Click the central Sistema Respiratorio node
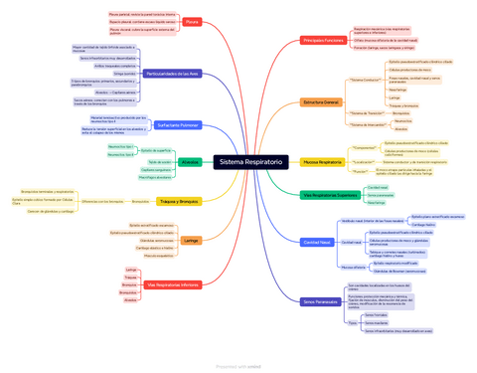pyautogui.click(x=250, y=161)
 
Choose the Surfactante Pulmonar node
pyautogui.click(x=178, y=125)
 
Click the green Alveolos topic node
pyautogui.click(x=191, y=161)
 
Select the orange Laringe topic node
pyautogui.click(x=191, y=240)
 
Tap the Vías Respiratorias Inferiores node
pyautogui.click(x=173, y=284)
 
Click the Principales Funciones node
pyautogui.click(x=323, y=41)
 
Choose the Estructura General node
pyautogui.click(x=321, y=102)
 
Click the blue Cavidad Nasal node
pyautogui.click(x=318, y=242)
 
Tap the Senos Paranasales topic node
pyautogui.click(x=322, y=300)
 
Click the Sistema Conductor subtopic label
pyautogui.click(x=366, y=79)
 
